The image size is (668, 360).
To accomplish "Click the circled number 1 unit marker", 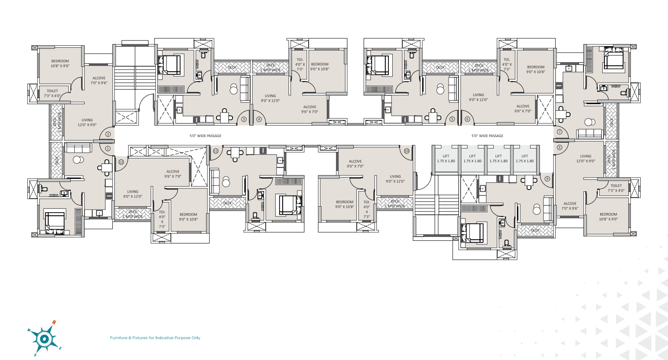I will pos(108,149).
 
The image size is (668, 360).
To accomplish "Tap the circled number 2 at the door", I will pos(108,134).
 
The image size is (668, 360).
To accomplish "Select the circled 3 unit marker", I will pos(244,119).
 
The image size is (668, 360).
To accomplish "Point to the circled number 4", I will pos(259,119).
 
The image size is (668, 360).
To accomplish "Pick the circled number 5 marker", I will pos(452,119).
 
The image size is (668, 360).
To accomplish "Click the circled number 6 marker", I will pos(467,119).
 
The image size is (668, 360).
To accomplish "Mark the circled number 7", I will pos(560,132).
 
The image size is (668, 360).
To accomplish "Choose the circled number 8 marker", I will pos(560,148).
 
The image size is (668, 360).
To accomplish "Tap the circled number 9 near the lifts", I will pos(547,179).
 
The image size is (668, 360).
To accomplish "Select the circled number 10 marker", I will pos(406,151).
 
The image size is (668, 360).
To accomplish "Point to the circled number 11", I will pos(216,151).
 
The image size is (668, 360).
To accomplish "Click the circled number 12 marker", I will pos(121,162).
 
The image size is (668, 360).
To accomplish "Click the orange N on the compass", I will pos(54,322).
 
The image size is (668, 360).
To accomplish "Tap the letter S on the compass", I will pos(35,354).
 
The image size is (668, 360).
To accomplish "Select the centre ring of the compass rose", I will pos(44,339).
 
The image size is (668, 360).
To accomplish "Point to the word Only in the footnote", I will pos(195,338).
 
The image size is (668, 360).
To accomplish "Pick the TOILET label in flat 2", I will pos(53,91).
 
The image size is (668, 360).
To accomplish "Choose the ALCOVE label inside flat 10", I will pos(355,161).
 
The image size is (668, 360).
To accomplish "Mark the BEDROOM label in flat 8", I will pos(608,214).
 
